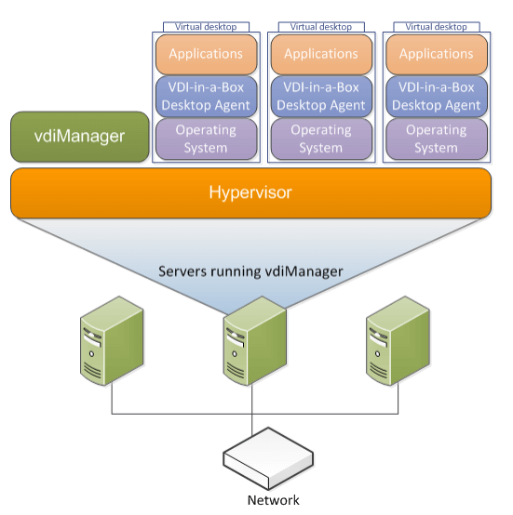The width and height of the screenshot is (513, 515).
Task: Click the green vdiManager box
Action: [79, 137]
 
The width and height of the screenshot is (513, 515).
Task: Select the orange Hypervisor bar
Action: [250, 192]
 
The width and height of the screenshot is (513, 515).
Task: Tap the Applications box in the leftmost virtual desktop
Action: [206, 55]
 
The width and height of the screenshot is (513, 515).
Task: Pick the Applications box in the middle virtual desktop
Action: [321, 55]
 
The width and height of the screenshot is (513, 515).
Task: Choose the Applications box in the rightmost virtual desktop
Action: [437, 55]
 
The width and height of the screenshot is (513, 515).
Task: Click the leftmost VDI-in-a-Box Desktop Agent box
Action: [206, 97]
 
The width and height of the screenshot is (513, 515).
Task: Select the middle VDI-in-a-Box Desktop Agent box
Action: [321, 97]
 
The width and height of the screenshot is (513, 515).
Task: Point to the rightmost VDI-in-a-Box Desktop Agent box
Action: [437, 97]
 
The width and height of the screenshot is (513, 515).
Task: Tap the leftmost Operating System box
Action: [206, 139]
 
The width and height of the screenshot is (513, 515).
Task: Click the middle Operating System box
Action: [321, 139]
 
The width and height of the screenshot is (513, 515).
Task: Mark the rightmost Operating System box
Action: [437, 139]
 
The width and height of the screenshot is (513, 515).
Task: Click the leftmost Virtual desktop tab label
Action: [206, 27]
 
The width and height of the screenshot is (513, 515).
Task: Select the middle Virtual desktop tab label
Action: [321, 27]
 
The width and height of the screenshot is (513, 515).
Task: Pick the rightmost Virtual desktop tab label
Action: [437, 27]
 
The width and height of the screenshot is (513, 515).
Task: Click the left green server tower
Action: [112, 340]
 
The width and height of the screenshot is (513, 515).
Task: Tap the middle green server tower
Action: [255, 340]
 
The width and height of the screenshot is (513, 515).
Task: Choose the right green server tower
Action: [398, 340]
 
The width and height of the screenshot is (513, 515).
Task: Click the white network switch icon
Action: [268, 459]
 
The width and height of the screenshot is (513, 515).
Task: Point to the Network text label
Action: [274, 500]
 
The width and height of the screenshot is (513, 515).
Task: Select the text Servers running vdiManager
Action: [250, 271]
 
